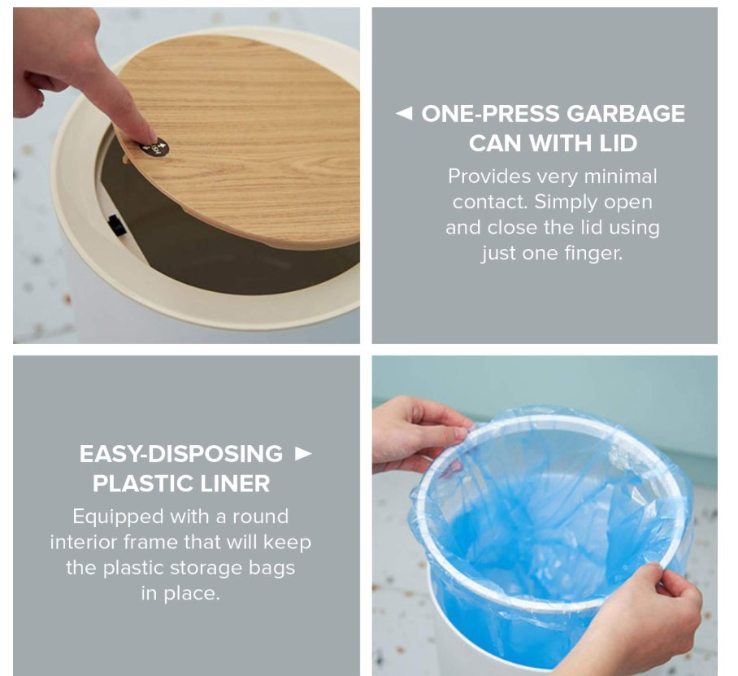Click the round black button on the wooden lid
[154, 148]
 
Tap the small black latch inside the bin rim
[116, 225]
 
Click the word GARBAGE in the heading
[626, 114]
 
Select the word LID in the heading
[619, 143]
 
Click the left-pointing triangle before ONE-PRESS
[404, 113]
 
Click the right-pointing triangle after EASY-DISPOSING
[303, 453]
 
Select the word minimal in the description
[620, 177]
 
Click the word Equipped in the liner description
[118, 517]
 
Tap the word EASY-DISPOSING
[181, 454]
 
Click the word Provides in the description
[489, 177]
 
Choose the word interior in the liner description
[85, 542]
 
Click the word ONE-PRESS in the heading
[490, 114]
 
